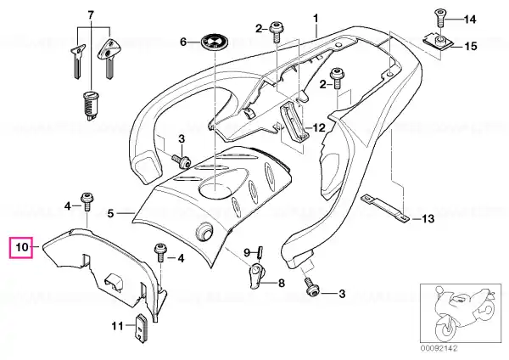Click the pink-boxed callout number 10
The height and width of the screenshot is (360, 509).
(x=22, y=247)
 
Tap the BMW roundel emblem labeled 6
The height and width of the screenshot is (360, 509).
(x=215, y=42)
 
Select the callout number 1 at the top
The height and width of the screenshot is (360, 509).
(x=316, y=19)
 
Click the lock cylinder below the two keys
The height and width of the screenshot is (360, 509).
(x=90, y=106)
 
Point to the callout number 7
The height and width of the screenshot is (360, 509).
(x=91, y=14)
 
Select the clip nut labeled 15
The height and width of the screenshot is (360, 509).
(x=439, y=41)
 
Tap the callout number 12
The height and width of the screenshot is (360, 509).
(x=318, y=127)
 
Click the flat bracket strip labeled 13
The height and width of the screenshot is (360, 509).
(x=384, y=208)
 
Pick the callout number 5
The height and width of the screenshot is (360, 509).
(x=110, y=213)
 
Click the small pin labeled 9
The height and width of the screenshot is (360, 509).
(x=260, y=252)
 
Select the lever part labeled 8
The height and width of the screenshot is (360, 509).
(x=256, y=276)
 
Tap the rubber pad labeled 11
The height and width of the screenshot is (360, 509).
(x=141, y=327)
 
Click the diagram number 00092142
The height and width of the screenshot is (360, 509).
(x=439, y=349)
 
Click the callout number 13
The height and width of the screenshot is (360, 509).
(x=428, y=218)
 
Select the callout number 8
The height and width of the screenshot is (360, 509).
(x=282, y=283)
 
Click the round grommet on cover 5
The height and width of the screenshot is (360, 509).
(x=204, y=231)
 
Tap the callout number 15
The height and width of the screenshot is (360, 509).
(x=470, y=46)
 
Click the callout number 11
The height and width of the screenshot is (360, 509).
(x=117, y=325)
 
